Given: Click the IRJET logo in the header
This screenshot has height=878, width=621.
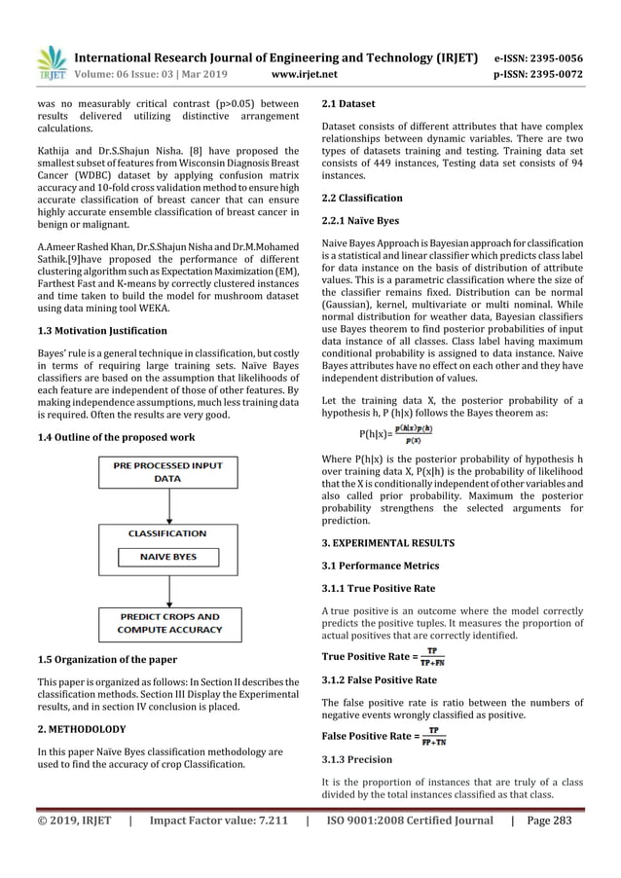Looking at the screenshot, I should tap(51, 63).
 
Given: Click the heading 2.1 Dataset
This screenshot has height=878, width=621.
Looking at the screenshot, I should tap(348, 103).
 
